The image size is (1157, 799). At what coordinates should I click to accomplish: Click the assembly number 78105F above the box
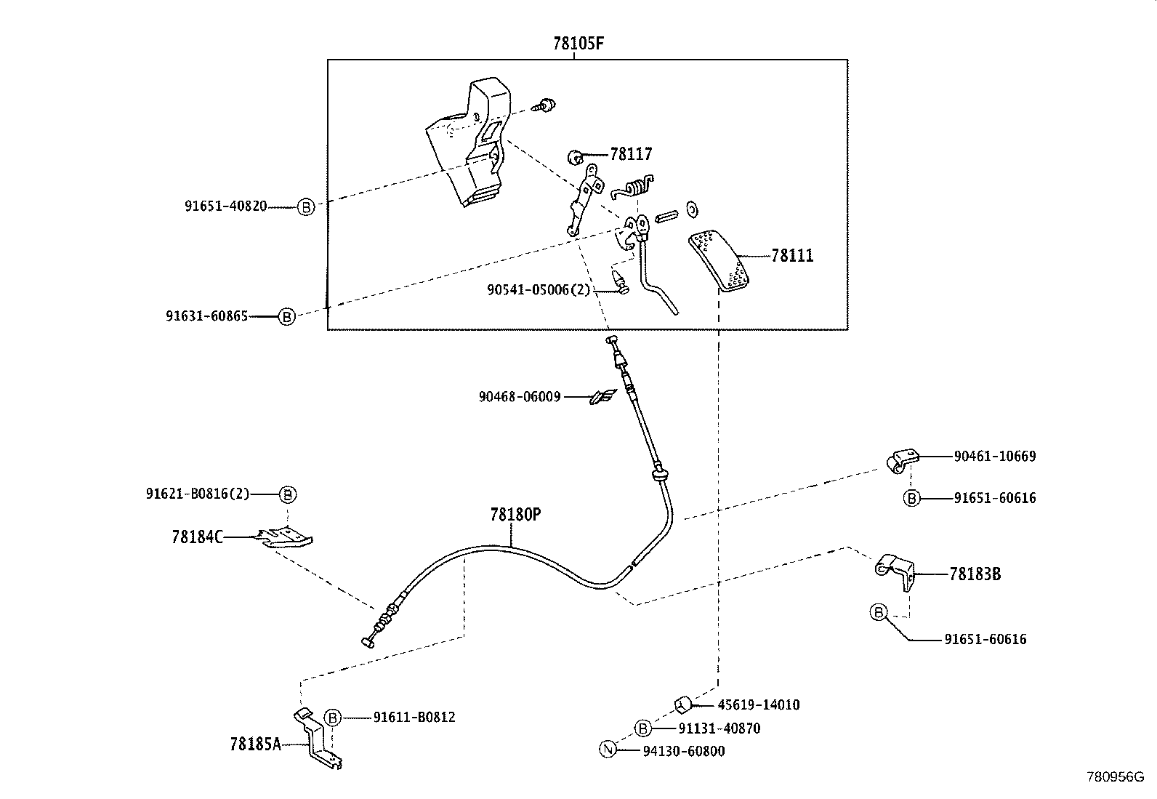[x=578, y=43]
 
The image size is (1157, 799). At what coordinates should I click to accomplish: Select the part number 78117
[x=631, y=154]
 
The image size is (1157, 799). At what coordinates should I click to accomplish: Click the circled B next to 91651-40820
[x=306, y=207]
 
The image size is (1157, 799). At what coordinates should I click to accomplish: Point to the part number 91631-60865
[x=206, y=316]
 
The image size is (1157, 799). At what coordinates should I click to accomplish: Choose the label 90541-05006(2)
[x=539, y=289]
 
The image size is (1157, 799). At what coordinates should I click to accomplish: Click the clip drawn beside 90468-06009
[x=602, y=396]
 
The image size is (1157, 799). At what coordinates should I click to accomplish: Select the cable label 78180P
[x=515, y=515]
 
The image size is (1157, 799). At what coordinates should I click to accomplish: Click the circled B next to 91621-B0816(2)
[x=288, y=494]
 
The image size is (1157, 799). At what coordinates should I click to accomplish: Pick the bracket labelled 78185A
[x=317, y=737]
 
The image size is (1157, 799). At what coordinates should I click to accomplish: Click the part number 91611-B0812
[x=414, y=718]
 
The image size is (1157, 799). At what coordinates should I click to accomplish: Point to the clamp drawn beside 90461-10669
[x=902, y=460]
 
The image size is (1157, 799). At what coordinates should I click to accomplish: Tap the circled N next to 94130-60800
[x=608, y=751]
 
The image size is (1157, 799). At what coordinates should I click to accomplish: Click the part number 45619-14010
[x=758, y=704]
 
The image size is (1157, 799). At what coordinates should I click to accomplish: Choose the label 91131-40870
[x=719, y=728]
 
